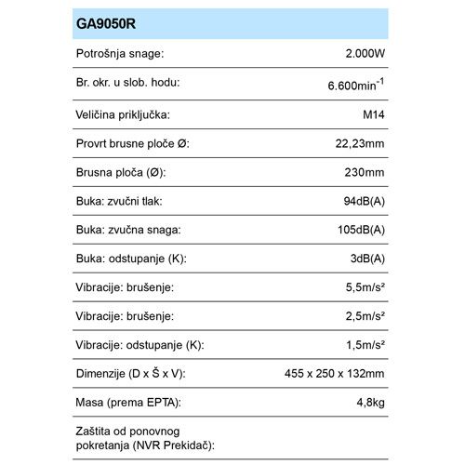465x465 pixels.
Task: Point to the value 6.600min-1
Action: click(x=359, y=86)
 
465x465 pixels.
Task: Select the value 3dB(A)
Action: click(x=368, y=259)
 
